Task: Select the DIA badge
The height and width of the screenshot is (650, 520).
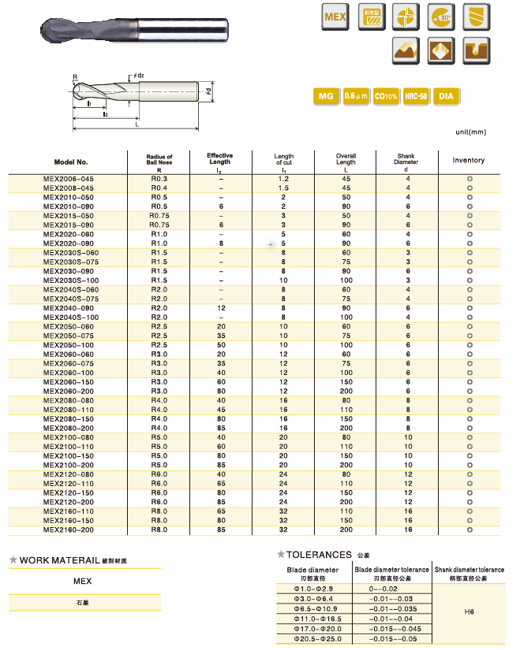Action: [x=446, y=97]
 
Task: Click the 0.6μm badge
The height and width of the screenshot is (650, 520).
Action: [x=356, y=97]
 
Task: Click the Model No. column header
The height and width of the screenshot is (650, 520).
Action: [x=71, y=161]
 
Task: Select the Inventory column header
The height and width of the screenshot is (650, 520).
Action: [x=469, y=161]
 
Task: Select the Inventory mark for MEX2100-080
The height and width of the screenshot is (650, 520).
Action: [x=469, y=436]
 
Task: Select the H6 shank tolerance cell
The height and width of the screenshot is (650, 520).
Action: [x=469, y=609]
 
